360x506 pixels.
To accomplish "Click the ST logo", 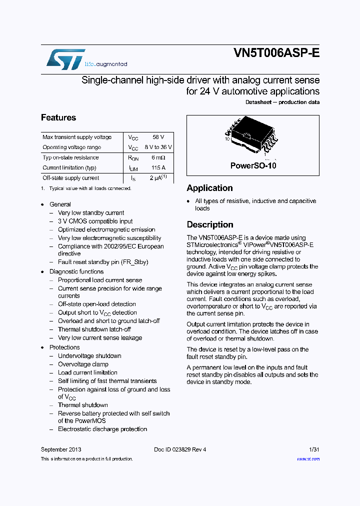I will coord(65,59).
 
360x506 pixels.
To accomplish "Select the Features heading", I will coord(58,118).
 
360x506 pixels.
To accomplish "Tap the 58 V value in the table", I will coord(158,137).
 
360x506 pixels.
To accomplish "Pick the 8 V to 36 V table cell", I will coord(158,147).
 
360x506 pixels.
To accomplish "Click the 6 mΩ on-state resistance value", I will coord(158,157).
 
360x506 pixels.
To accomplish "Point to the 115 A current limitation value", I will coord(158,168).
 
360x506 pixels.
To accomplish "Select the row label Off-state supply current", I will coord(70,178).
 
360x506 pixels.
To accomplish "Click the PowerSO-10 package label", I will coord(253,165).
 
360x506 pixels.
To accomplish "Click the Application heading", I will coord(209,188).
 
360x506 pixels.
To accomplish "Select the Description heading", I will coord(210,224).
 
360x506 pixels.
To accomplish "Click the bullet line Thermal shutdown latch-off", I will coord(94,329).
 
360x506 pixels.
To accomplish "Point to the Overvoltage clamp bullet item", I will coord(83,364).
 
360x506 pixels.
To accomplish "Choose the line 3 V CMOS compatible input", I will coord(95,221).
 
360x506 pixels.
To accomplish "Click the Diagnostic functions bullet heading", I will coord(76,271).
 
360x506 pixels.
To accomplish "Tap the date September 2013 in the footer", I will coord(61,449).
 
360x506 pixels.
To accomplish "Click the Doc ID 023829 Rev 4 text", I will coord(180,449).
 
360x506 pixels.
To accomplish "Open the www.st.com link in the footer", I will coord(308,459).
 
